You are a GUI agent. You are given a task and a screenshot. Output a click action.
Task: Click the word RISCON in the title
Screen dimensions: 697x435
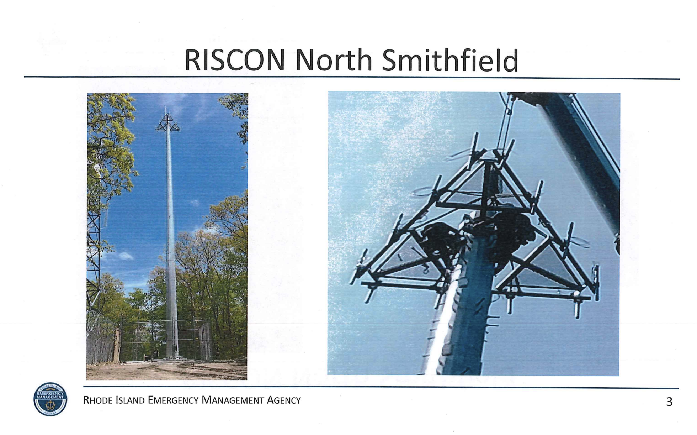(235, 60)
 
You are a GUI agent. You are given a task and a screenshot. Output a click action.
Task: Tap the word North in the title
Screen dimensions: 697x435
(334, 60)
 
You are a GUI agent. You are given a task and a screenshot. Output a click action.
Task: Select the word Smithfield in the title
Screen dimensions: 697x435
(450, 60)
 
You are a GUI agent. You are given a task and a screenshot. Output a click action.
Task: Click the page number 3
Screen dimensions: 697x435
(669, 402)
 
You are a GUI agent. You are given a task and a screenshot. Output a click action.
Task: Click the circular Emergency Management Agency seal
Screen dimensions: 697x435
(50, 399)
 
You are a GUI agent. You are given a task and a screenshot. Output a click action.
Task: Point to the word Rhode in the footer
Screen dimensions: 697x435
(96, 400)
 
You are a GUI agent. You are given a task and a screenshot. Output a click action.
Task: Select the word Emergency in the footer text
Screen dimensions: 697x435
(173, 400)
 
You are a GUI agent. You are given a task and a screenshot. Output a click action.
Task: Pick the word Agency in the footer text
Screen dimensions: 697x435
(284, 400)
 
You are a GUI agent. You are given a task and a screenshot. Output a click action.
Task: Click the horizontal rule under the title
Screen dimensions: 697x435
(352, 78)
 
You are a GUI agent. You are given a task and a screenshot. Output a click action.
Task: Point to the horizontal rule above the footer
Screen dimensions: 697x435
(381, 387)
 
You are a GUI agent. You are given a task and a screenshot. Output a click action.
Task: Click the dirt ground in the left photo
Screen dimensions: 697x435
(167, 370)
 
